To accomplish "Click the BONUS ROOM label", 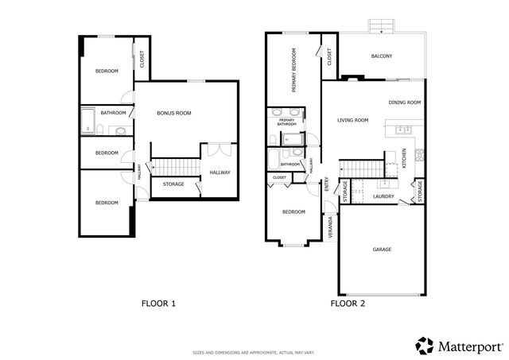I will [174, 114].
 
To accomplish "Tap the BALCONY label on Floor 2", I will [382, 56].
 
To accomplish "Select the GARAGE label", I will [382, 250].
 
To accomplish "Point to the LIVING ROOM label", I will [352, 120].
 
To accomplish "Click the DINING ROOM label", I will [404, 103].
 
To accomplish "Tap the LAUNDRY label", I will [384, 196].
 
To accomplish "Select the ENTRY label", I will [326, 185].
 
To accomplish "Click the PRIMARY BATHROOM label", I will [286, 122].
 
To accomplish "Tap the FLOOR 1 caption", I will [158, 304].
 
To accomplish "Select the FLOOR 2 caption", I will [348, 304].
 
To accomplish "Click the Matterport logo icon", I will [425, 345].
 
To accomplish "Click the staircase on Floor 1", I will [174, 167].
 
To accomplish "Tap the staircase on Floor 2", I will [362, 168].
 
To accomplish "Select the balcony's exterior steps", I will [383, 25].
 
